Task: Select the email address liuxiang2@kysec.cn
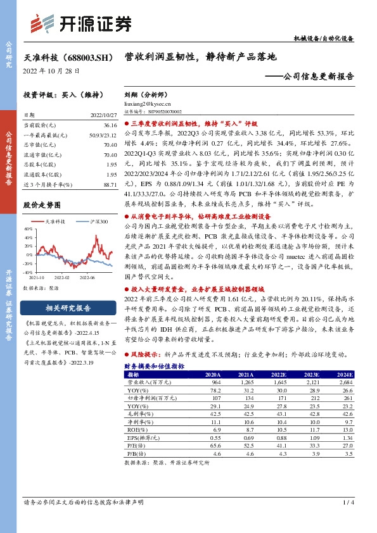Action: coord(148,103)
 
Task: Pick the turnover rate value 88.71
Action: coord(110,184)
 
